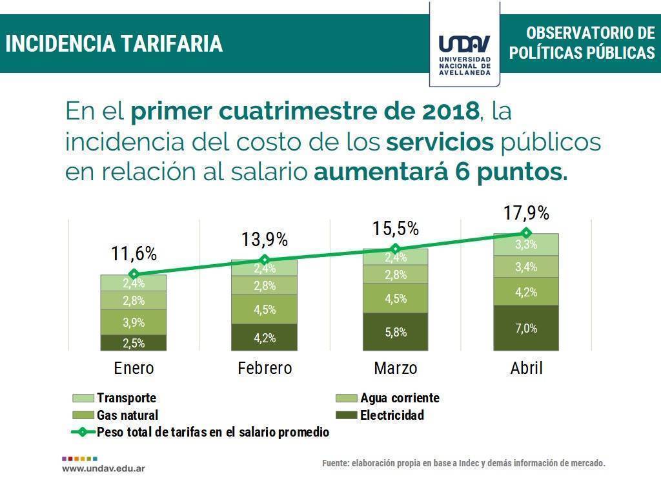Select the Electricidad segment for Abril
point(525,328)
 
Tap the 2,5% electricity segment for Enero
point(134,343)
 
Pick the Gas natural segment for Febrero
point(264,309)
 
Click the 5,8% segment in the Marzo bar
point(395,332)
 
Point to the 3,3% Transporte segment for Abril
point(525,245)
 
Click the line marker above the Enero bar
point(134,274)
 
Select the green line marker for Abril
point(526,232)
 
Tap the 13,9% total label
point(265,240)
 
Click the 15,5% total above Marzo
point(395,228)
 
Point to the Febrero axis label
point(265,368)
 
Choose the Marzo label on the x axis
point(395,368)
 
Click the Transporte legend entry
point(126,398)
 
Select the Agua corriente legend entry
point(400,398)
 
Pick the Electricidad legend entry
point(392,415)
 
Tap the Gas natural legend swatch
point(83,415)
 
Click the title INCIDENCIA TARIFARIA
point(114,44)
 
